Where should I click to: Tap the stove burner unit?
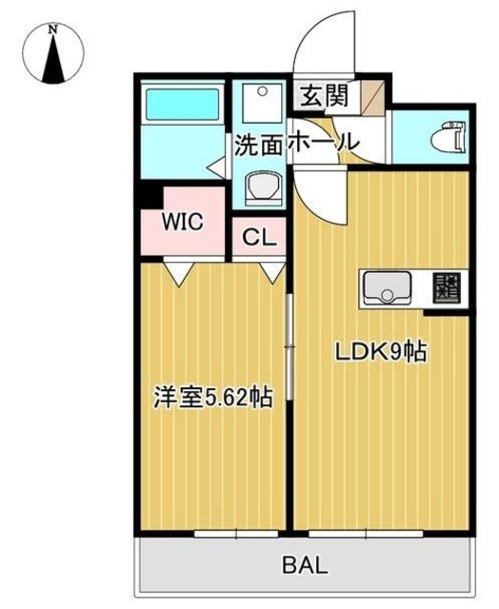pos(446,286)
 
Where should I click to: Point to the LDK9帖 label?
pos(378,352)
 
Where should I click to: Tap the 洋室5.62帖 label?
pos(213,398)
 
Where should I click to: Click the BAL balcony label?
pos(305,564)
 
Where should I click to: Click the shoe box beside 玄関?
pos(373,95)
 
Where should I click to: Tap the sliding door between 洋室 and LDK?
pos(289,343)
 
